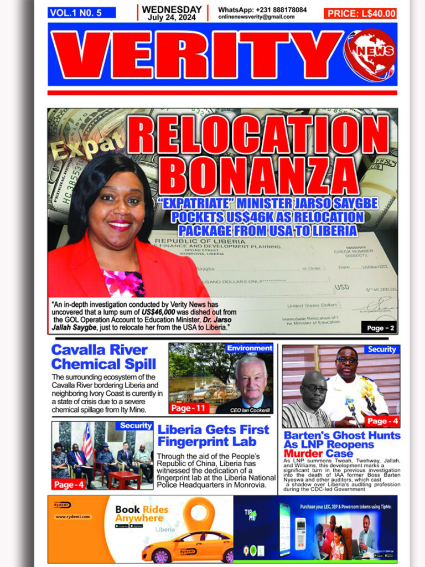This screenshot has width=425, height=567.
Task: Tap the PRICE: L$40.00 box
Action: pyautogui.click(x=361, y=13)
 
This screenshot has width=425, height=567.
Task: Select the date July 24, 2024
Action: pyautogui.click(x=172, y=17)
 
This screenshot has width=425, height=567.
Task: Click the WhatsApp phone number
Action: pyautogui.click(x=280, y=10)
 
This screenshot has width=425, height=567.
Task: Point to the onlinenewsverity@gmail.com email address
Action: pyautogui.click(x=256, y=17)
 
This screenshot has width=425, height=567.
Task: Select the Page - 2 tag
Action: pyautogui.click(x=380, y=328)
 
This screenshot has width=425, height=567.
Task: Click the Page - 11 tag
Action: pyautogui.click(x=189, y=408)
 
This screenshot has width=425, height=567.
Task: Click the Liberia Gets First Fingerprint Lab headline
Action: pyautogui.click(x=213, y=435)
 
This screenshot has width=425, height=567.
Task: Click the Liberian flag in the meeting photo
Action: pyautogui.click(x=87, y=441)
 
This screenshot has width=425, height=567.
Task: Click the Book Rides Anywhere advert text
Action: pyautogui.click(x=142, y=513)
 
